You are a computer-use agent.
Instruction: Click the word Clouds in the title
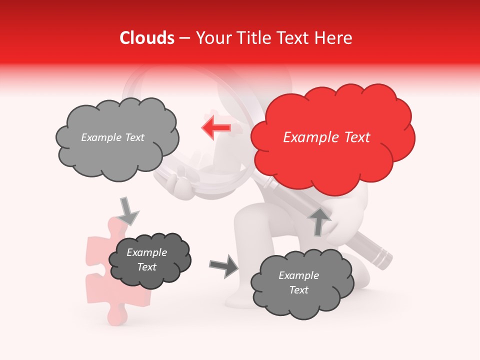147,38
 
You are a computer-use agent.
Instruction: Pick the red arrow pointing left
216,127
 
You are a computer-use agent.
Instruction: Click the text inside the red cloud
326,137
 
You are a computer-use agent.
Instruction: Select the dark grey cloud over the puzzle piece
149,260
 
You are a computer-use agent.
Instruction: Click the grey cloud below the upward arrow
301,283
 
